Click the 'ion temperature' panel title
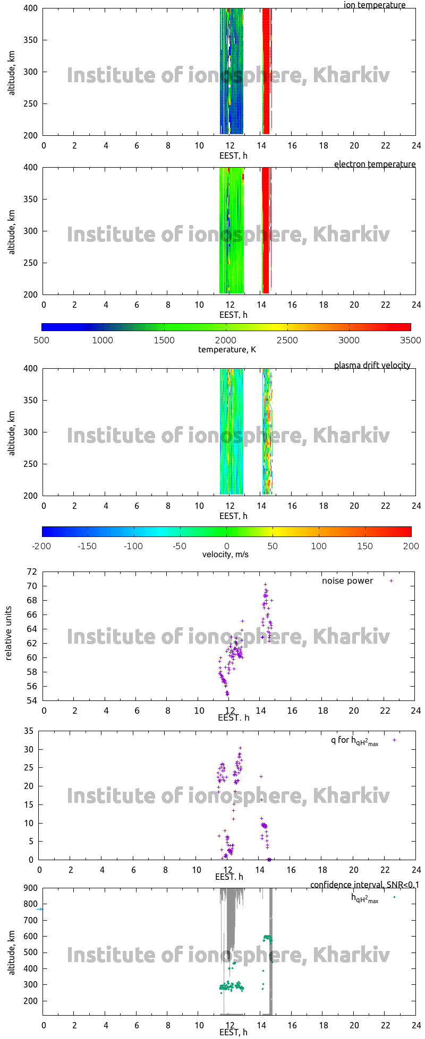pos(375,5)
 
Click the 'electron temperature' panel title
pos(375,164)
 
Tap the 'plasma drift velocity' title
pos(372,366)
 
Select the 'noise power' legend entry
pos(347,581)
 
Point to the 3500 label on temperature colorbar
pos(410,341)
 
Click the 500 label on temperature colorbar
pos(41,341)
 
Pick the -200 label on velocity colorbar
pos(41,547)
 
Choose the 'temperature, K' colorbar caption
pos(227,350)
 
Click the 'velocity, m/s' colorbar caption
pos(225,555)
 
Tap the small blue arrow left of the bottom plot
pos(39,909)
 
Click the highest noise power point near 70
pos(265,585)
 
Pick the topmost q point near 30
pos(240,748)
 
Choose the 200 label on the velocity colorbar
pos(411,547)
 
